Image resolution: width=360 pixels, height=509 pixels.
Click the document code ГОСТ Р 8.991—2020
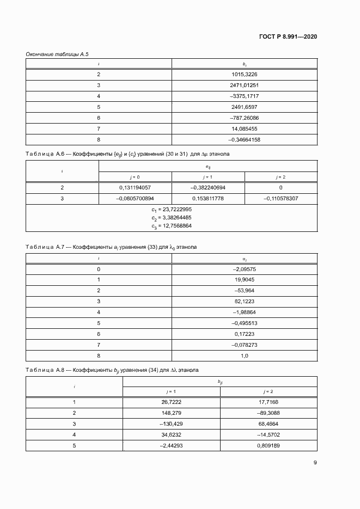tap(288, 36)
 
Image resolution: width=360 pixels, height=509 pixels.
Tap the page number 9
tap(315, 463)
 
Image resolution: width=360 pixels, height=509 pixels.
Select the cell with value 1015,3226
tap(245, 74)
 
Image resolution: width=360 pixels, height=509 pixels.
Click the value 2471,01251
tap(245, 85)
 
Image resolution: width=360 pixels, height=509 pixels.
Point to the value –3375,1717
tap(245, 96)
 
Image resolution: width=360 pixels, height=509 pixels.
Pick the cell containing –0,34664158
tap(245, 140)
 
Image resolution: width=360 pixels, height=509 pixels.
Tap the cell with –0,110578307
tap(280, 198)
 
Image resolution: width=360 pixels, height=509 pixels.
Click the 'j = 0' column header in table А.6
tap(135, 176)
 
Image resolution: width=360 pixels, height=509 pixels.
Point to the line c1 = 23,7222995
tap(172, 210)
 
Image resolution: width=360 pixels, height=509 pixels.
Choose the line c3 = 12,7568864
tap(172, 225)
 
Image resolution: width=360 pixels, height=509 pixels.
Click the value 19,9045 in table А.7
tap(245, 280)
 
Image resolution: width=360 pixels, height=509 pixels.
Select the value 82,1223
tap(245, 301)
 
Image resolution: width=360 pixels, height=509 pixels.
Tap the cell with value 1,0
tap(245, 355)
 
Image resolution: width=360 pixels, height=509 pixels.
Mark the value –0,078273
tap(245, 345)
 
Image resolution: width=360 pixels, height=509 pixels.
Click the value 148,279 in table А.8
tap(172, 413)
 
